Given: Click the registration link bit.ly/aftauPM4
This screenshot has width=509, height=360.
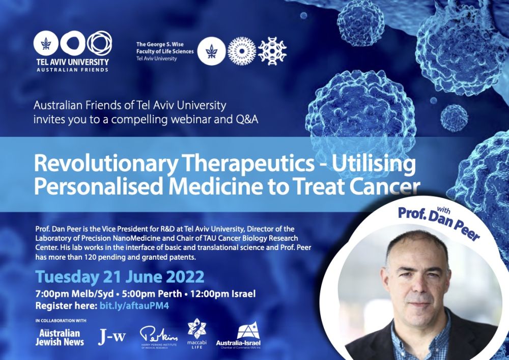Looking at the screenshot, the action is click(x=134, y=306).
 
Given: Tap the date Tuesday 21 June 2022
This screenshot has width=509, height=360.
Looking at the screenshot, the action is click(x=120, y=277).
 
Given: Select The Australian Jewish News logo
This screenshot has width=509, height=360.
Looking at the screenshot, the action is click(x=60, y=337).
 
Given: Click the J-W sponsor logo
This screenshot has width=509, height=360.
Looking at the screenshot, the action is click(x=111, y=338).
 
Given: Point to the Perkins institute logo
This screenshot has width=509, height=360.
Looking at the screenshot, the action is click(x=159, y=337).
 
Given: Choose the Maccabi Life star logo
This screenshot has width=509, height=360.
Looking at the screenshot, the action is click(x=197, y=333).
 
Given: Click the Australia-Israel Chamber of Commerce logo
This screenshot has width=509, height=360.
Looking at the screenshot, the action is click(x=238, y=336).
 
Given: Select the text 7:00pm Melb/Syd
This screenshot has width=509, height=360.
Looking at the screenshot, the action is click(x=75, y=294).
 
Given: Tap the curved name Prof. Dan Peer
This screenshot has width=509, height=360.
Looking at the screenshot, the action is click(x=439, y=221).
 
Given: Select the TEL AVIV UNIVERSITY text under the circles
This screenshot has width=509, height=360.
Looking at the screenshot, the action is click(x=72, y=62).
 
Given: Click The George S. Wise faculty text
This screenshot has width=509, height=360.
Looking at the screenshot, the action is click(x=164, y=51).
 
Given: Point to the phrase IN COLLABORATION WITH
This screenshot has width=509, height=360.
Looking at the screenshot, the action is click(x=61, y=321).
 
